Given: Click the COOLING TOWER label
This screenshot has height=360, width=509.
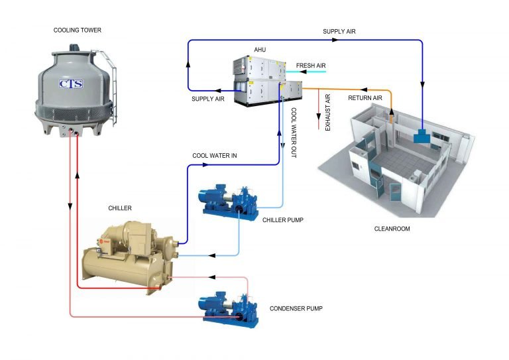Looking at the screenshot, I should (x=77, y=30).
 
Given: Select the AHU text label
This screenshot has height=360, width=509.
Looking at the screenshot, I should (x=260, y=50).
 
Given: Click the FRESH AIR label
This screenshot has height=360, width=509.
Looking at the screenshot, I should (x=311, y=66).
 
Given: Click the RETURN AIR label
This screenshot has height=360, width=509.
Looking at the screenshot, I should (x=365, y=98).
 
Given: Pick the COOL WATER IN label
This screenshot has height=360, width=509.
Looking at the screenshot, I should (x=215, y=156).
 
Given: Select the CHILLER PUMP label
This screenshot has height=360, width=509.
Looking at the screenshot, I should (x=282, y=219).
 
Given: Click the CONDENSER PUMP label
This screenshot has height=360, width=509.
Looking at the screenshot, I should (x=296, y=308).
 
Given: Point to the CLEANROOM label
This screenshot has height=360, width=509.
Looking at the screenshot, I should (x=392, y=229).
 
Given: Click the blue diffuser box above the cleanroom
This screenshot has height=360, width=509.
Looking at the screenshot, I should (x=422, y=137).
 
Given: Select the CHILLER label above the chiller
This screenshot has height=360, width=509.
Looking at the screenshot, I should (x=120, y=208).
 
